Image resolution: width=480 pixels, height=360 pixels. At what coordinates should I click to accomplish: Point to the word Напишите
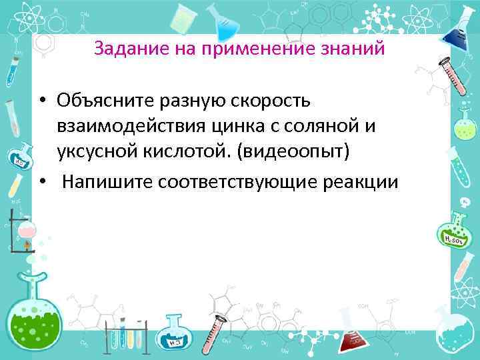click(x=106, y=181)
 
